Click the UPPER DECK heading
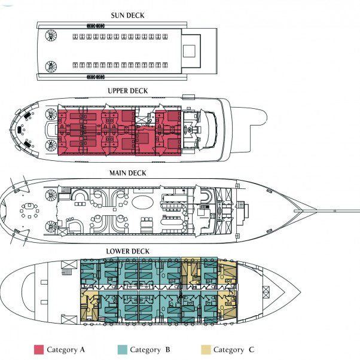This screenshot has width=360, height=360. [x=127, y=91]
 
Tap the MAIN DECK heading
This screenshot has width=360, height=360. [x=127, y=173]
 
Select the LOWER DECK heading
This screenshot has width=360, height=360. [x=127, y=251]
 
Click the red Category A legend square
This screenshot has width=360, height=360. [x=39, y=349]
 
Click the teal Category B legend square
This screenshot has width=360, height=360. [x=121, y=349]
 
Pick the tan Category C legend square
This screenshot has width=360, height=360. [x=205, y=349]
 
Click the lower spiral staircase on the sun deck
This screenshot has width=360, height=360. [x=50, y=66]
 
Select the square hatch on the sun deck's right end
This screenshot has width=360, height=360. [x=191, y=46]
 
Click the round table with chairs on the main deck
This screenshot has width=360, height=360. [x=28, y=210]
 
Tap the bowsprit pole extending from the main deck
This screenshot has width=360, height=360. [x=335, y=209]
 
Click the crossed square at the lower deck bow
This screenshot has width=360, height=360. [x=266, y=292]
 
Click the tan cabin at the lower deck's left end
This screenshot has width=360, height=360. [x=89, y=306]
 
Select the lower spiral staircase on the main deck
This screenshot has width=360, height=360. [x=50, y=226]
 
